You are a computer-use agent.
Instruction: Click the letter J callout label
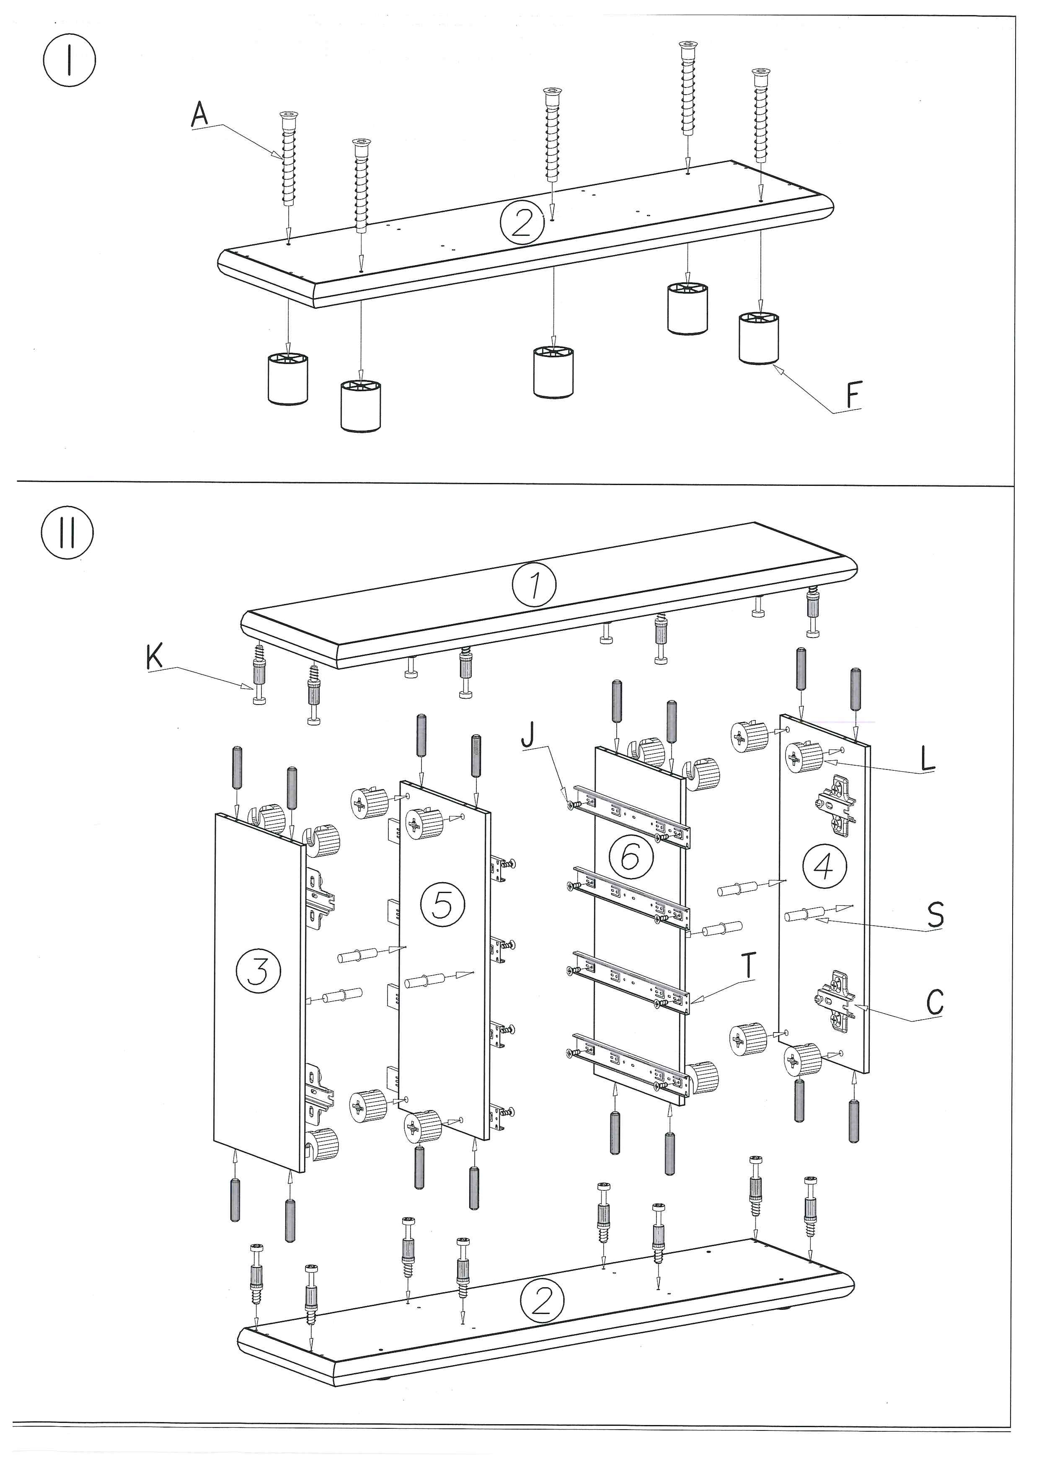(x=527, y=735)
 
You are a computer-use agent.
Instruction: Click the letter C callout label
(x=934, y=1002)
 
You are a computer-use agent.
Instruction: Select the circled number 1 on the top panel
(x=535, y=585)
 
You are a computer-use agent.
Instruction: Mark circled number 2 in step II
(x=542, y=1300)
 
